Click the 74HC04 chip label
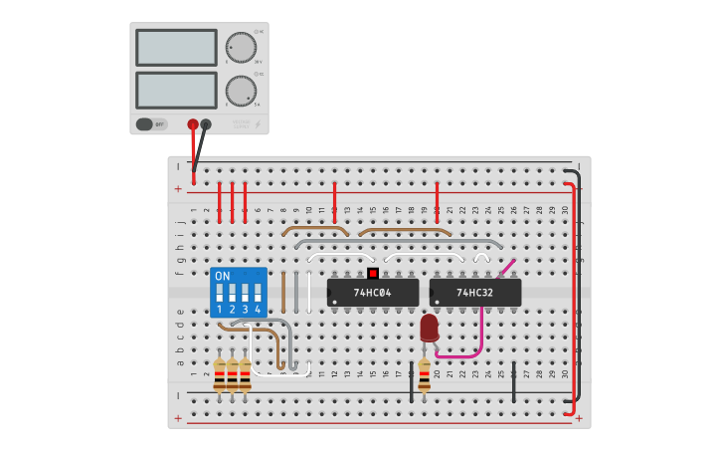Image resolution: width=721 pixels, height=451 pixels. click(373, 293)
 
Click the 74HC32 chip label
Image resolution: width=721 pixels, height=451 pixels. click(474, 293)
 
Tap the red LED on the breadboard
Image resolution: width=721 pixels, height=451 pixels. click(429, 328)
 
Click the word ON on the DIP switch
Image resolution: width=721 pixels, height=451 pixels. click(222, 276)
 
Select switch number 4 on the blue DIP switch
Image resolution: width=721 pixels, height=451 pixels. click(258, 295)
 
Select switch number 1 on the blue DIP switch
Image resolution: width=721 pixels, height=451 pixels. click(220, 295)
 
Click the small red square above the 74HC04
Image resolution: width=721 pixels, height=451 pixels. click(372, 273)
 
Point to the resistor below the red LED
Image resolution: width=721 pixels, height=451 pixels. click(425, 375)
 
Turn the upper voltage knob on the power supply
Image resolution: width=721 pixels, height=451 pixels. click(240, 47)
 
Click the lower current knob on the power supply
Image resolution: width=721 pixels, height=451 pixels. click(240, 91)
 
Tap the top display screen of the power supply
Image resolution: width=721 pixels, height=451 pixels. click(176, 47)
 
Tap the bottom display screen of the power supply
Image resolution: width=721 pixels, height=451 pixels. click(176, 90)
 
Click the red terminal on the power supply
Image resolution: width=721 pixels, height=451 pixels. click(193, 124)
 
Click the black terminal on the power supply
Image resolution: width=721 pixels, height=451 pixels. click(206, 124)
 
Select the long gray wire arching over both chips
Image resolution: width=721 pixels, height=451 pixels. click(398, 241)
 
